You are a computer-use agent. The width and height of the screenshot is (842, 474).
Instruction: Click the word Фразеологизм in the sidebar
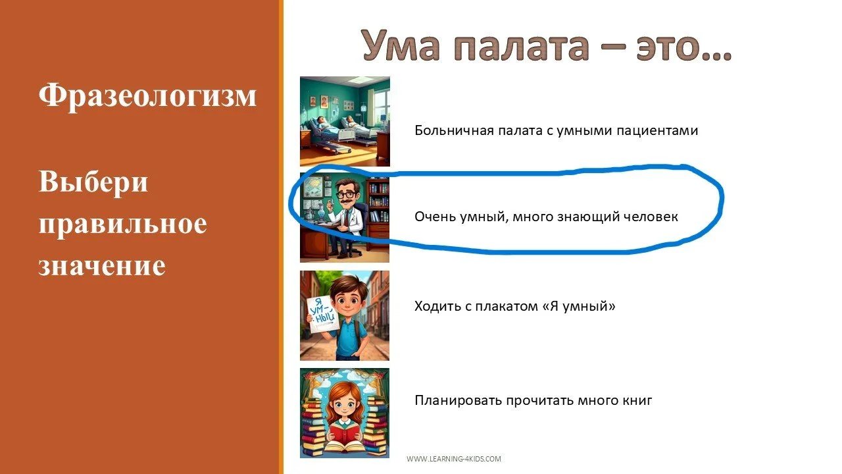147,96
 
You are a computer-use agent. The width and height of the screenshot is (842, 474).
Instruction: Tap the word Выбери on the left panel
93,182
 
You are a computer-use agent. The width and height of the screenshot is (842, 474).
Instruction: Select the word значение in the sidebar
102,265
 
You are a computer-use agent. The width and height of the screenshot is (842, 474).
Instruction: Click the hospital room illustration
345,121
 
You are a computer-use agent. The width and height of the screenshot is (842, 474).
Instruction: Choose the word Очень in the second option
432,216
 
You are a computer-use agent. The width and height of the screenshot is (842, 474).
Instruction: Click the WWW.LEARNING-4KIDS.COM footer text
454,459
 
